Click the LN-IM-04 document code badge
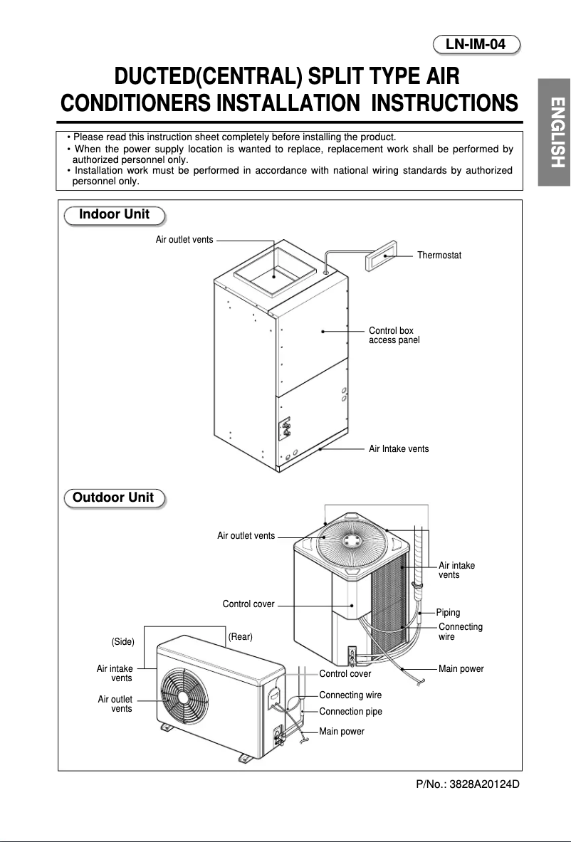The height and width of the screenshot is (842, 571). pos(476,45)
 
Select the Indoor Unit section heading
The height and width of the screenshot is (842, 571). pos(114,215)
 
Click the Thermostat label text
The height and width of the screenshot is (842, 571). pos(439,256)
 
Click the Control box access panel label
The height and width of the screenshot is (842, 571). pos(394,336)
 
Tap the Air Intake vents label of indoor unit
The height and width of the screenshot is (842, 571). pos(399,449)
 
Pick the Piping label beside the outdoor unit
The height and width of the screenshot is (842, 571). pos(448,612)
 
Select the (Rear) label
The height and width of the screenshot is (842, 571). pos(240,636)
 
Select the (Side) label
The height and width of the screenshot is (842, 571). pos(123,642)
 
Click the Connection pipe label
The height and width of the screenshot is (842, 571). pos(350,712)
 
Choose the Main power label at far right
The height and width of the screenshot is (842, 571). pos(461,669)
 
